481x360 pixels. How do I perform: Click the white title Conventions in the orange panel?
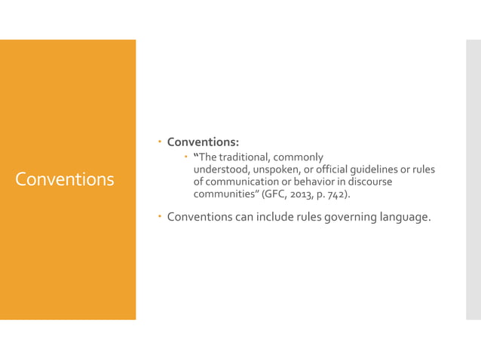click(65, 180)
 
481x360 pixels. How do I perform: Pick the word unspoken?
click(282, 170)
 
